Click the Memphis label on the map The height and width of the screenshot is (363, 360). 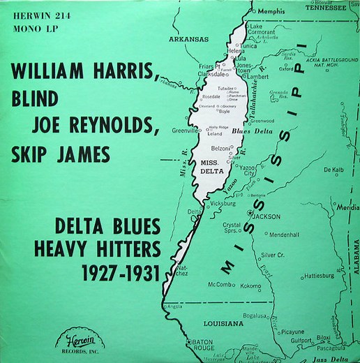272,12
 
